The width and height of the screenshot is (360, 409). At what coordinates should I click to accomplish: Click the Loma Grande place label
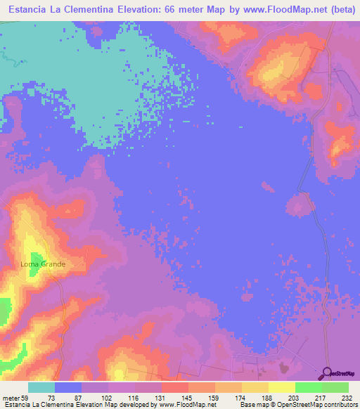tap(43, 264)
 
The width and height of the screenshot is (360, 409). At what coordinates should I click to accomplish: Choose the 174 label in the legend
tap(240, 398)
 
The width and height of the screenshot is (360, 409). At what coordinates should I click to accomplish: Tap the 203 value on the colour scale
tap(295, 398)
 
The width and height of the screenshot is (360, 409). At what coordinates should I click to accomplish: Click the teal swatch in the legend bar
tap(41, 387)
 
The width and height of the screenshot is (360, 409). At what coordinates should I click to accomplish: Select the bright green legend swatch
tap(309, 387)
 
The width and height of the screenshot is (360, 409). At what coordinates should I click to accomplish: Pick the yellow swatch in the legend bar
tap(281, 387)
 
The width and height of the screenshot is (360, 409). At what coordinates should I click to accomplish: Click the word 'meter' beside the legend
tap(12, 398)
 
